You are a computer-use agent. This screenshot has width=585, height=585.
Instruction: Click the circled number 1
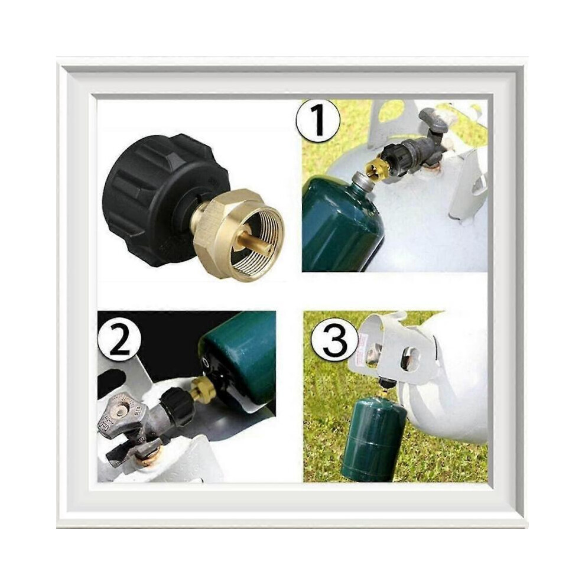[318, 121]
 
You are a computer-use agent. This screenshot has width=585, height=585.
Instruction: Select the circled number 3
[334, 342]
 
